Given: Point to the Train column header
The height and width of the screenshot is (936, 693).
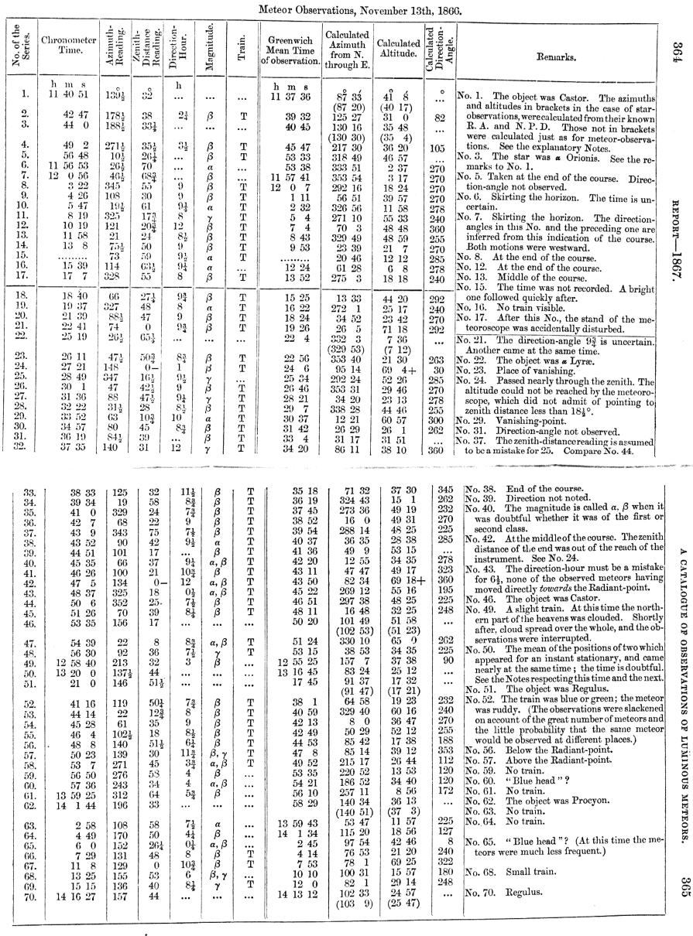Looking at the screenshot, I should coord(242,50).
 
